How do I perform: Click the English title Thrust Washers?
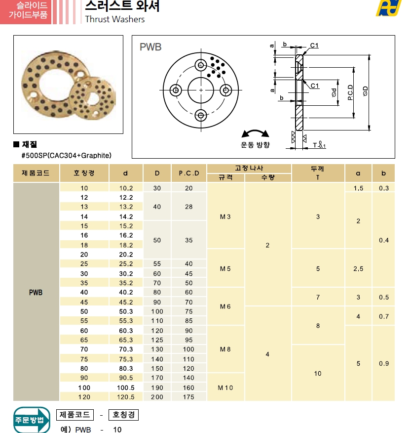point(114,19)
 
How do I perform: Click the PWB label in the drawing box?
point(150,47)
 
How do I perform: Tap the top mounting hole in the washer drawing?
point(201,65)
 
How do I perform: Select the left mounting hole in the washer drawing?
point(176,90)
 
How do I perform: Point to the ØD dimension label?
point(365,91)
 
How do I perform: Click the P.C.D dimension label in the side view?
point(350,92)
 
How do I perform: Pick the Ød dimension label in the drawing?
point(334,92)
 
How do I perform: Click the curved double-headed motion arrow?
point(255,133)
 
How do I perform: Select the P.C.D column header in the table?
point(189,173)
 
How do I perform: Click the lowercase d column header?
point(126,173)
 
